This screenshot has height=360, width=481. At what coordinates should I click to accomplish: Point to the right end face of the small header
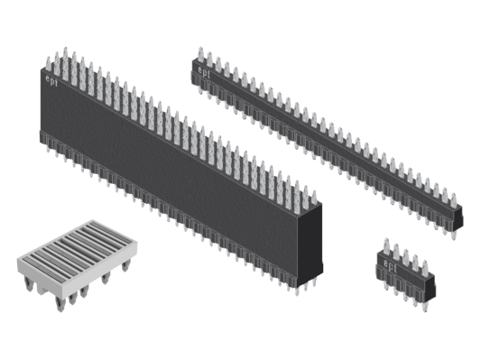point(431,288)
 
